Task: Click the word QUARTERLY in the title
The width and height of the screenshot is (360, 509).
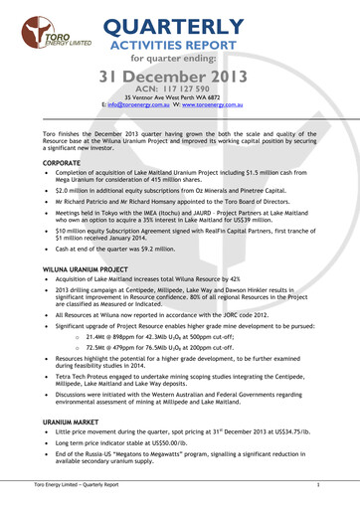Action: pyautogui.click(x=188, y=26)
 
